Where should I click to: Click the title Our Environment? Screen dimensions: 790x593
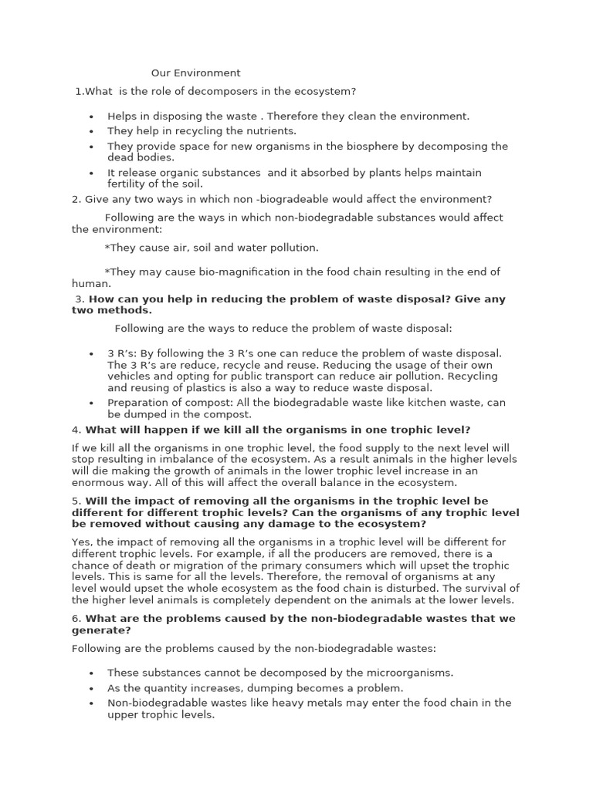click(x=195, y=73)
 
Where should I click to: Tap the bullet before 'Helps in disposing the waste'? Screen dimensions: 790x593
click(x=91, y=116)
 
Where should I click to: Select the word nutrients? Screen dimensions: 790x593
click(x=270, y=131)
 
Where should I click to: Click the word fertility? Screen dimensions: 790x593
click(x=127, y=184)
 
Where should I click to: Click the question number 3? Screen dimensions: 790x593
click(x=80, y=299)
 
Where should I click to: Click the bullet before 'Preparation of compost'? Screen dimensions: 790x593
click(x=91, y=403)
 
